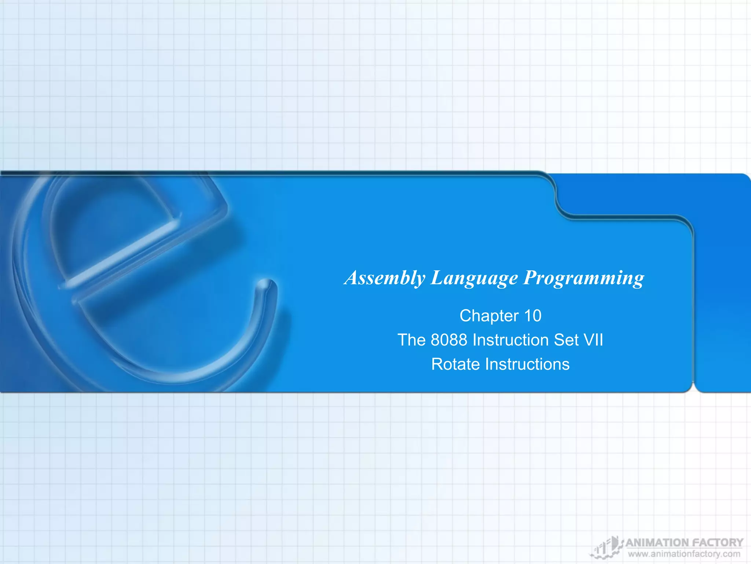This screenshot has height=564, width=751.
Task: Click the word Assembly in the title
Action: tap(385, 278)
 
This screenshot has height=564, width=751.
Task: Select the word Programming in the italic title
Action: tap(583, 278)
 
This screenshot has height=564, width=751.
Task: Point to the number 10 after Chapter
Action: tap(532, 316)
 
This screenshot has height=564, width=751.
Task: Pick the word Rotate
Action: tap(455, 364)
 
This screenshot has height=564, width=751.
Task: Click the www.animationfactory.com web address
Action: tap(684, 554)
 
